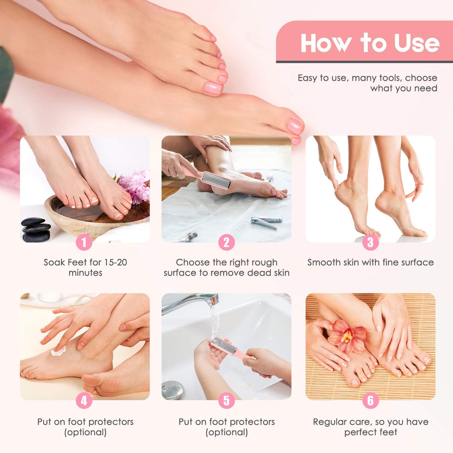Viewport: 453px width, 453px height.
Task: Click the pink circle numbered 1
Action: [x=84, y=242]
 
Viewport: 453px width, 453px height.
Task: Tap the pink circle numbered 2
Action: [x=226, y=242]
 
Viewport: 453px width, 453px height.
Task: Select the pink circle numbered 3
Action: [x=370, y=242]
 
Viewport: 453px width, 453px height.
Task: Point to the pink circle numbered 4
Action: [x=84, y=401]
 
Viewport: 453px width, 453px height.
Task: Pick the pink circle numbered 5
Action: [x=226, y=401]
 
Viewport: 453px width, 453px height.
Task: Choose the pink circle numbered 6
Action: [x=370, y=401]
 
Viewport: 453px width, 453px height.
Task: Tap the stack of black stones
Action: [x=36, y=230]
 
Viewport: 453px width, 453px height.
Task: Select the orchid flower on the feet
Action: [x=347, y=336]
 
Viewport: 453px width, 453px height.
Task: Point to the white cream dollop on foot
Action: [x=59, y=351]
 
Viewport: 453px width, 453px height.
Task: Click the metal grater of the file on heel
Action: [x=216, y=180]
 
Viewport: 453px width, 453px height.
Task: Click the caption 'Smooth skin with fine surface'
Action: [x=370, y=262]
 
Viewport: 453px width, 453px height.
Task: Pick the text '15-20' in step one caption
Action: [x=115, y=262]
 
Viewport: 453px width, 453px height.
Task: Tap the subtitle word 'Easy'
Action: [x=307, y=78]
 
